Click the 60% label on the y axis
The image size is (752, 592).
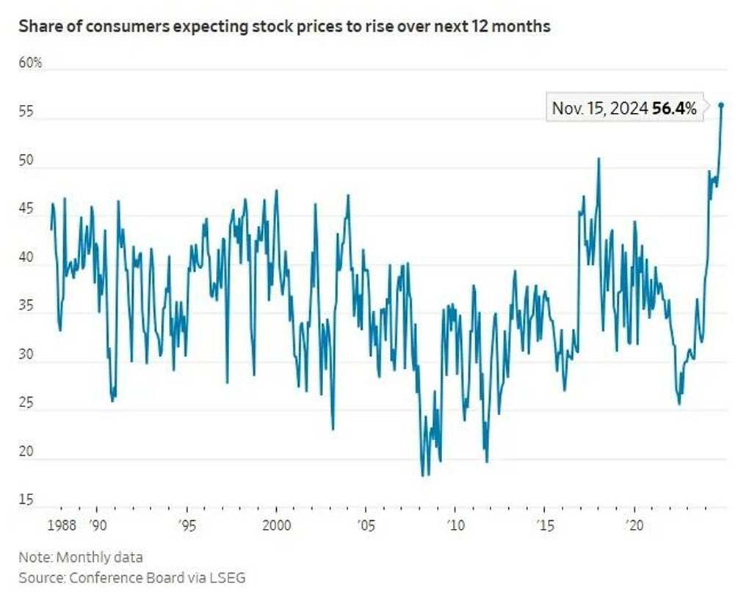pos(30,64)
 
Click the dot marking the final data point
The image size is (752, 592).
pos(721,105)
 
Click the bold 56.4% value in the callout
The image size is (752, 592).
pos(674,109)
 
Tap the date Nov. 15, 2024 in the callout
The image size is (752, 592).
pos(600,109)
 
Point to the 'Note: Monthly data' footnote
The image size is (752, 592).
pos(81,557)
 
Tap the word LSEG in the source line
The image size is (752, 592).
pos(227,577)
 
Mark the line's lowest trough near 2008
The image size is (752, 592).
pos(423,475)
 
